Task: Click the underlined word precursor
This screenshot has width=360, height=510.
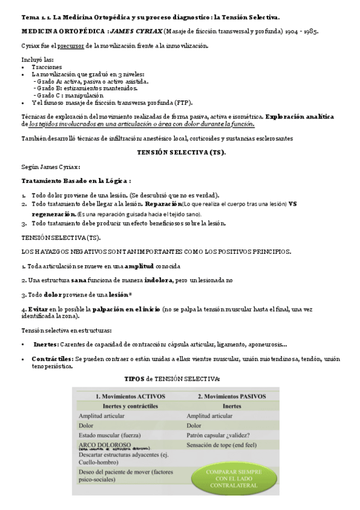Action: (72, 46)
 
